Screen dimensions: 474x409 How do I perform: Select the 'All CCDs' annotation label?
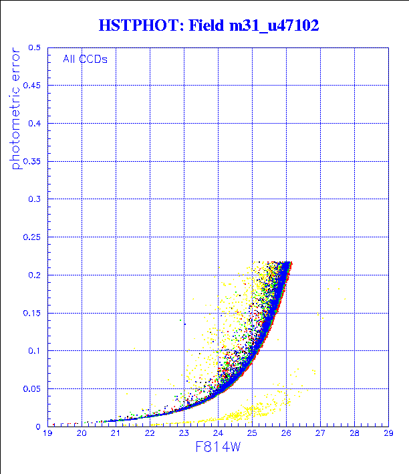[85, 59]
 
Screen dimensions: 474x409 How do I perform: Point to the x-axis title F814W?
[218, 454]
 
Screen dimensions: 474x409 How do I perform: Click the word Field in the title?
[205, 26]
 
